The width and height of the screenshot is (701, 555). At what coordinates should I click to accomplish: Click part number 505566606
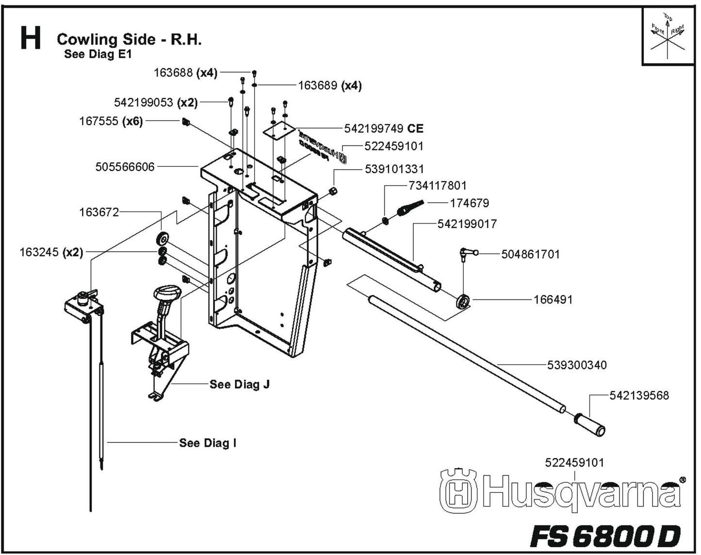click(125, 167)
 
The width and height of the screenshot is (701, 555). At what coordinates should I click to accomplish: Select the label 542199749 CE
click(383, 129)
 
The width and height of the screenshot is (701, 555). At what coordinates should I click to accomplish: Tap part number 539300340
click(576, 365)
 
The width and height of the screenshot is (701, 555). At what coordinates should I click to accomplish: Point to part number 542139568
click(639, 395)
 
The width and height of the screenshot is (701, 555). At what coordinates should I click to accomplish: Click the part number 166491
click(553, 300)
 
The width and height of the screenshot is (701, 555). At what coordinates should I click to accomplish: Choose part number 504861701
click(530, 254)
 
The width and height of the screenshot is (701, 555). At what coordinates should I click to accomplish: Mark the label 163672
click(98, 212)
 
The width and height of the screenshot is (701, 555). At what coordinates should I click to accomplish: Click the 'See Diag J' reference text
click(239, 384)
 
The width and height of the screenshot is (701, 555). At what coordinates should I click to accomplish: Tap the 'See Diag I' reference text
click(208, 443)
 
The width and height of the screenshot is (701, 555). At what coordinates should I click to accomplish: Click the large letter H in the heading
click(31, 39)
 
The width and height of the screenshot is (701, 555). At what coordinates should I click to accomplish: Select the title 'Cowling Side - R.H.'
click(129, 39)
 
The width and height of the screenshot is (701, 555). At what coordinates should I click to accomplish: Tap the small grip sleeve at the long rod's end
click(590, 424)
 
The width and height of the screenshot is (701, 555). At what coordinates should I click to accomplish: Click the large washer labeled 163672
click(162, 239)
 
